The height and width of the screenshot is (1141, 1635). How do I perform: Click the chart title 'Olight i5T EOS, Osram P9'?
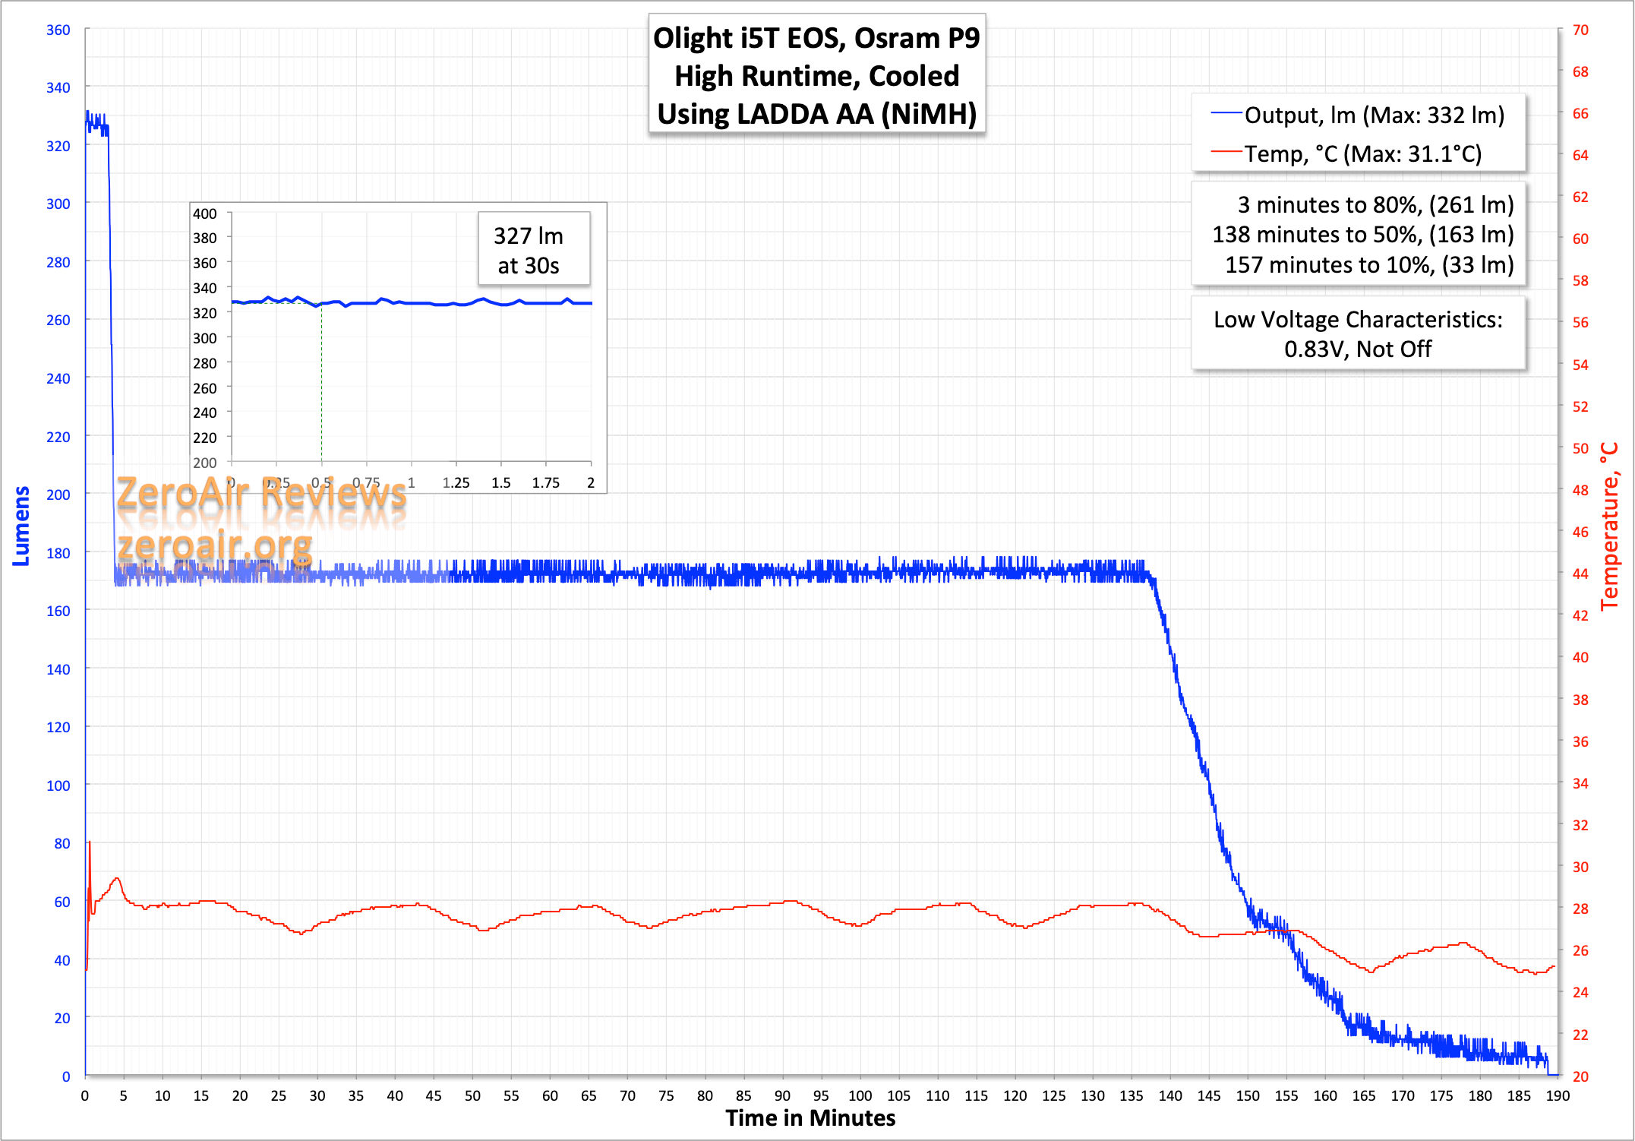click(816, 38)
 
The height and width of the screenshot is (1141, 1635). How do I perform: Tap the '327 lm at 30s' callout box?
click(529, 250)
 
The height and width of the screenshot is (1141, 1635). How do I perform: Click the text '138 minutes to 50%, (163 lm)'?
click(1362, 235)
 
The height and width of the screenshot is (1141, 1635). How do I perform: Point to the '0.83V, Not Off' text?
click(1358, 349)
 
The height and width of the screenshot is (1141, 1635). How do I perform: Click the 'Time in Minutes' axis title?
click(810, 1118)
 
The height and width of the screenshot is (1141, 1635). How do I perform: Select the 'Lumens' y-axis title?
click(21, 526)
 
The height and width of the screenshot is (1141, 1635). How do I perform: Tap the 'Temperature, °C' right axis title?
click(1609, 526)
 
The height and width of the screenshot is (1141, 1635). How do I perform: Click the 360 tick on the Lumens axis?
click(58, 30)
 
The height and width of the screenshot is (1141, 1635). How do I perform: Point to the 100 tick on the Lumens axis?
click(58, 785)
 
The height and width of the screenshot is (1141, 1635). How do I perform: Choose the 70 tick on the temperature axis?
click(1580, 30)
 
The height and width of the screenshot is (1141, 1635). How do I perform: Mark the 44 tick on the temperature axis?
click(1580, 574)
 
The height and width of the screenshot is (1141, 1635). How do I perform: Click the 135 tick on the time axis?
click(1131, 1096)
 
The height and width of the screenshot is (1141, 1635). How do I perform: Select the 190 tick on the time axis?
click(1558, 1096)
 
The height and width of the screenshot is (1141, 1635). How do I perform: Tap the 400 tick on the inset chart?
click(205, 214)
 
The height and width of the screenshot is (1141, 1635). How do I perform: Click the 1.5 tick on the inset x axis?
click(501, 483)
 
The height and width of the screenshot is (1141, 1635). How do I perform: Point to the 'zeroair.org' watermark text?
click(215, 546)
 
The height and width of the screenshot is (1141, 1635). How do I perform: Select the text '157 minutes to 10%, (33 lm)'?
click(1368, 265)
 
